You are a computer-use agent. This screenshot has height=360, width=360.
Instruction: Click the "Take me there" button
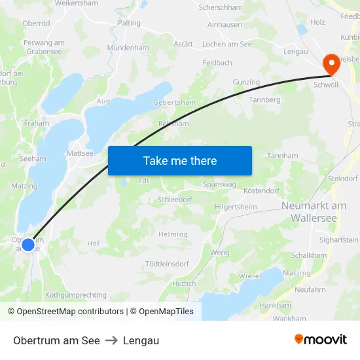pyautogui.click(x=180, y=160)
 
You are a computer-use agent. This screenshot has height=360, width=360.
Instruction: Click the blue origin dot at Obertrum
pyautogui.click(x=27, y=245)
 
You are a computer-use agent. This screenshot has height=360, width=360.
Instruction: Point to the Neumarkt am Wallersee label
pyautogui.click(x=314, y=211)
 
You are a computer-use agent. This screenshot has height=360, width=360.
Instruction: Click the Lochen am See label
pyautogui.click(x=227, y=44)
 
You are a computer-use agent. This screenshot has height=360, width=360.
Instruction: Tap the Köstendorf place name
pyautogui.click(x=261, y=190)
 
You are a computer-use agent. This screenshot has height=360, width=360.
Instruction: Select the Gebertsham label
pyautogui.click(x=174, y=103)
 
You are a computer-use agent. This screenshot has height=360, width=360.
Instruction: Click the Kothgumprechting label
pyautogui.click(x=76, y=295)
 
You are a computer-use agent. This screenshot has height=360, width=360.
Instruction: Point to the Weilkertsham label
pyautogui.click(x=77, y=3)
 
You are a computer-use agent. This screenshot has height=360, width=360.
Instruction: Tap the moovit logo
pyautogui.click(x=321, y=339)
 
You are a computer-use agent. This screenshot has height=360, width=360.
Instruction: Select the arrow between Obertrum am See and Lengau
pyautogui.click(x=111, y=340)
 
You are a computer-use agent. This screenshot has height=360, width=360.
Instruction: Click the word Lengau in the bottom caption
pyautogui.click(x=141, y=340)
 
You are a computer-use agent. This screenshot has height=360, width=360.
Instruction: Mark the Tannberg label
pyautogui.click(x=265, y=99)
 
